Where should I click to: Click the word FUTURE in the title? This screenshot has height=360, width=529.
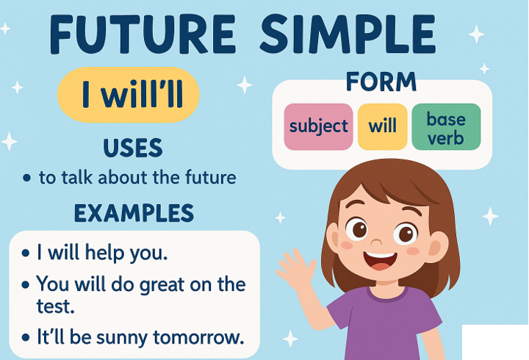(142, 35)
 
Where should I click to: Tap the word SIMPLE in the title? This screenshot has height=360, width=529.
(348, 35)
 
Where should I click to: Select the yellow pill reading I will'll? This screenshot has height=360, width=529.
(128, 95)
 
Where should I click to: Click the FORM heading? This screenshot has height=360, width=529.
(381, 82)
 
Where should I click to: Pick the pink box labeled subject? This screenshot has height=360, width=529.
(318, 127)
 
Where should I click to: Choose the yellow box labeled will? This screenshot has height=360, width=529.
(382, 127)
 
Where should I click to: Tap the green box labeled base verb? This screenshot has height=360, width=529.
(446, 127)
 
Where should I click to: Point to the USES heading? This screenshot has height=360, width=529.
(132, 148)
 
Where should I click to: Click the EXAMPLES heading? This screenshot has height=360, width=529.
(134, 213)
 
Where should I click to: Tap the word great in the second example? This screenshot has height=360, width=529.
(161, 285)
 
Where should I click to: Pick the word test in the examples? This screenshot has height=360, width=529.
(55, 306)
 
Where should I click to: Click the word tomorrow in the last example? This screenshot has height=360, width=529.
(198, 337)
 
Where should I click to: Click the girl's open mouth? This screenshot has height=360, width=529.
(381, 261)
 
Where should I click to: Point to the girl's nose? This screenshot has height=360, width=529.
(376, 242)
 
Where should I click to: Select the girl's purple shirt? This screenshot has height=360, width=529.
(384, 324)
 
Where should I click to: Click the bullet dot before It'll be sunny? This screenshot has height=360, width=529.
(26, 337)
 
